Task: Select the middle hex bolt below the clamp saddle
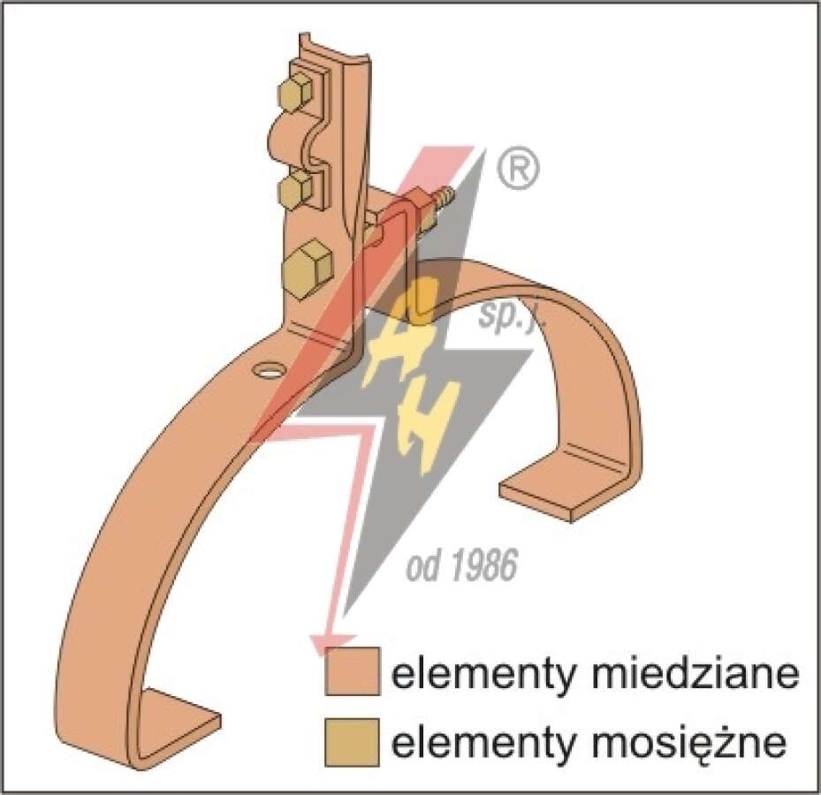tap(297, 189)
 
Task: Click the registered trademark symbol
tap(517, 169)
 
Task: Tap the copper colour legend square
tap(352, 671)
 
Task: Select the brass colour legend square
tap(352, 742)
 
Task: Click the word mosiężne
tap(689, 742)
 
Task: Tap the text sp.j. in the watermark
tap(513, 318)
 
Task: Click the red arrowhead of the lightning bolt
tap(331, 645)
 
